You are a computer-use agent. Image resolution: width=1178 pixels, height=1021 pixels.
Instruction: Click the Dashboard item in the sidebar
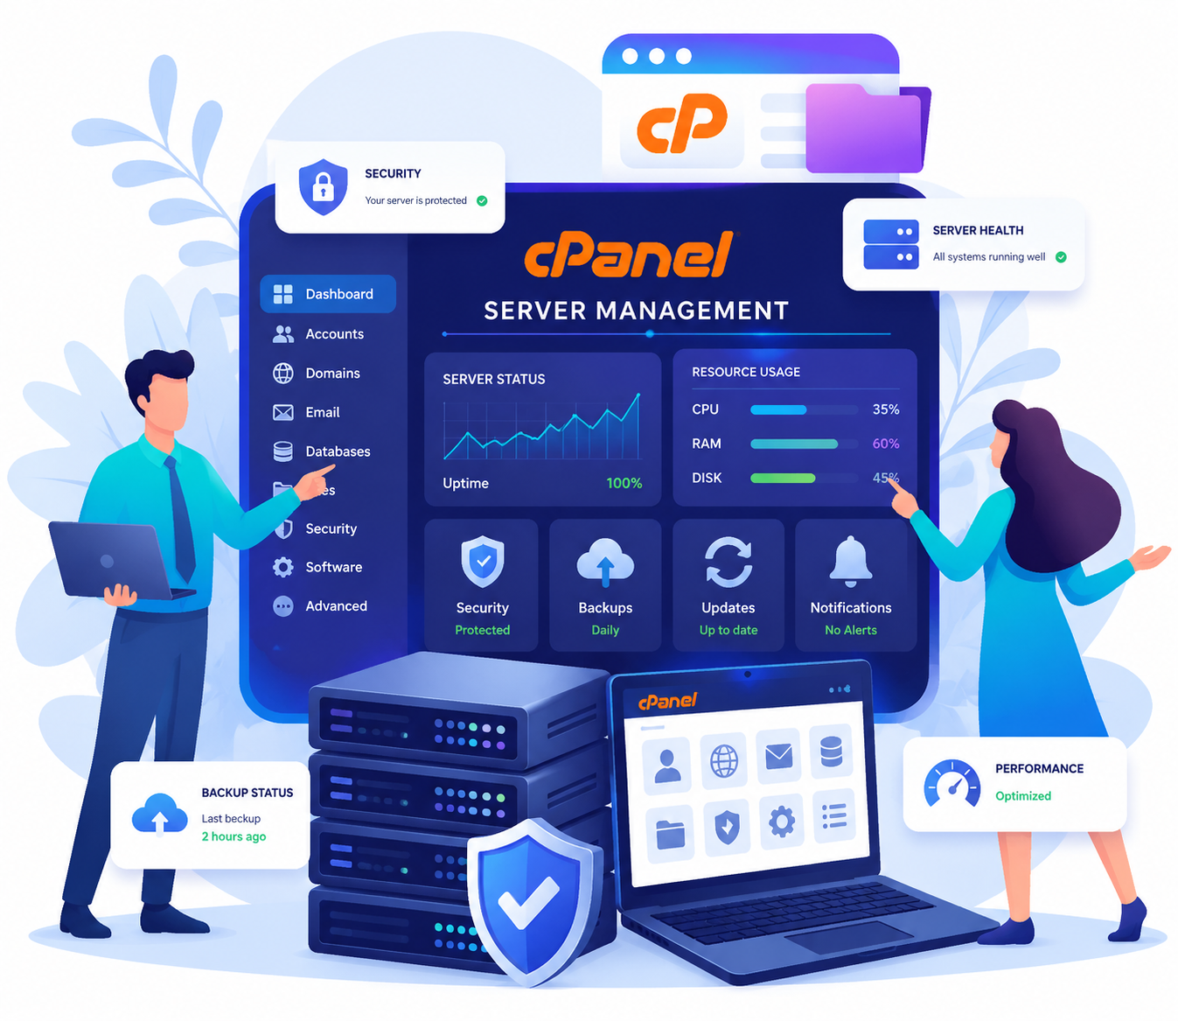coord(328,294)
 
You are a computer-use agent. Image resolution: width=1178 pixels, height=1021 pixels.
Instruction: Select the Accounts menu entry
coord(318,334)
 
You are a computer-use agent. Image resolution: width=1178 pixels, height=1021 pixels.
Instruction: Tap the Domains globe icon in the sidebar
coord(283,373)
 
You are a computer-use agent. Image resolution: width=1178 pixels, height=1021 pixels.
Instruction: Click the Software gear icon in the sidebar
coord(283,567)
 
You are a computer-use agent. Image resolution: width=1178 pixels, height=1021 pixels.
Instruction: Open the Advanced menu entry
coord(320,606)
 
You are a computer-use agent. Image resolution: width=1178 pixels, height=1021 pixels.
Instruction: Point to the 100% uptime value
coord(624,484)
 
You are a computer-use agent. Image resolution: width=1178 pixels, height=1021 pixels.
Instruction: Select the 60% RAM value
coord(886,444)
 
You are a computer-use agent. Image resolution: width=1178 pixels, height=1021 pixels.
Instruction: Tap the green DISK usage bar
coord(783,478)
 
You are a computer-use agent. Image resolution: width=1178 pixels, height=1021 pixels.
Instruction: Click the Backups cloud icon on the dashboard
coord(605,562)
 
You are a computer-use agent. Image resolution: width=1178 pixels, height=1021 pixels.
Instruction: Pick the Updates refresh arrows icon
coord(728,562)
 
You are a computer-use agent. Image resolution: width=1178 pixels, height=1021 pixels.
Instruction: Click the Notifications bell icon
coord(850,562)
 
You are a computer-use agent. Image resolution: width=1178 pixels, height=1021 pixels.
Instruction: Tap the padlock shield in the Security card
coord(323,186)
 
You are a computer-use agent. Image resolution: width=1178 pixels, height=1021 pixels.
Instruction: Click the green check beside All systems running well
coord(1061,257)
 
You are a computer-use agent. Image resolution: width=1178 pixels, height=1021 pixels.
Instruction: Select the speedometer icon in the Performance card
coord(951,784)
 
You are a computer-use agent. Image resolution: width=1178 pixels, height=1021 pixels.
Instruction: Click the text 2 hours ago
coord(234,836)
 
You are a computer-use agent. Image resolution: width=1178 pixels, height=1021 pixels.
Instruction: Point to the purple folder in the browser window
coord(868,129)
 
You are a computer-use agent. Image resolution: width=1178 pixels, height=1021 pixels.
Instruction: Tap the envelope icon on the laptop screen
coord(778,756)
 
